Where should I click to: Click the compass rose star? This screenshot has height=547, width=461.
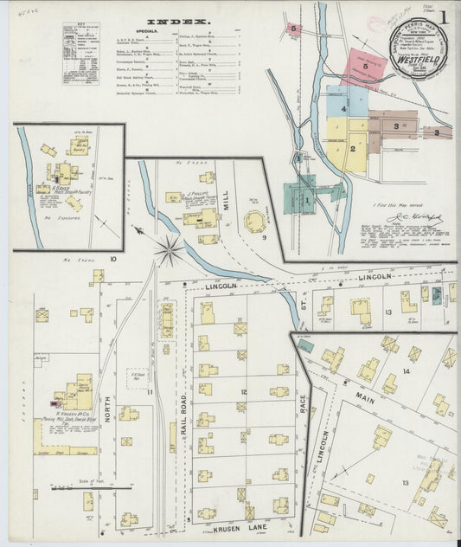(170, 251)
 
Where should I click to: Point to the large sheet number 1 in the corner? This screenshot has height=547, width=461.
(444, 17)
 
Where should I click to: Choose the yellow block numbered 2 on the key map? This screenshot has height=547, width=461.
(354, 145)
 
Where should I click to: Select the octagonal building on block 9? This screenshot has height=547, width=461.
(255, 222)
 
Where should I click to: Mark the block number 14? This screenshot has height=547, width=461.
(405, 371)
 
